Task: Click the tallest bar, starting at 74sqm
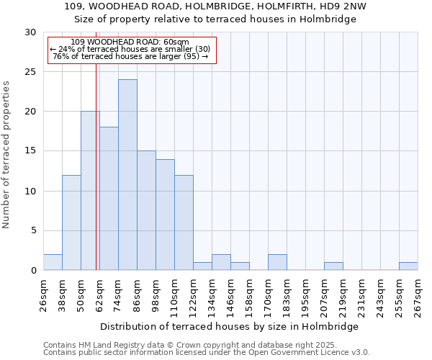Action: pyautogui.click(x=127, y=175)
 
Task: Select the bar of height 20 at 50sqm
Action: pyautogui.click(x=90, y=191)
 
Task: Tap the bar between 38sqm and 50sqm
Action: pyautogui.click(x=71, y=222)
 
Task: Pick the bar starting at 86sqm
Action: pyautogui.click(x=146, y=210)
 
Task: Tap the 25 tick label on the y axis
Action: pyautogui.click(x=30, y=72)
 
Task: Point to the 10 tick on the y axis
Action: pyautogui.click(x=30, y=191)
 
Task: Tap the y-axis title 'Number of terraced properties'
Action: pyautogui.click(x=6, y=155)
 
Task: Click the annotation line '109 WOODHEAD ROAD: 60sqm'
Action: pyautogui.click(x=130, y=42)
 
